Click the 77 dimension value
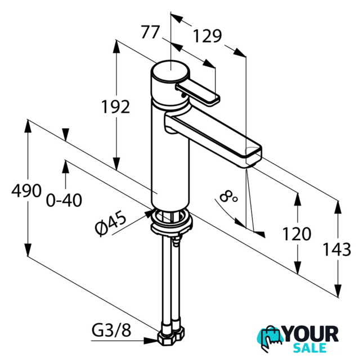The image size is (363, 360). [x=150, y=32]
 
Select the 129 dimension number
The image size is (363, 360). [x=207, y=36]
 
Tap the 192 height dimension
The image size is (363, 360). [x=116, y=107]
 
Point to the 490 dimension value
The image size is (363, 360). [x=26, y=191]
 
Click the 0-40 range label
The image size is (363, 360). [x=64, y=200]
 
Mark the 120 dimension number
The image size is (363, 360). [x=297, y=234]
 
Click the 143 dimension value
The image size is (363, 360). [x=337, y=249]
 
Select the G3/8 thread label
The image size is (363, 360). [x=111, y=330]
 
